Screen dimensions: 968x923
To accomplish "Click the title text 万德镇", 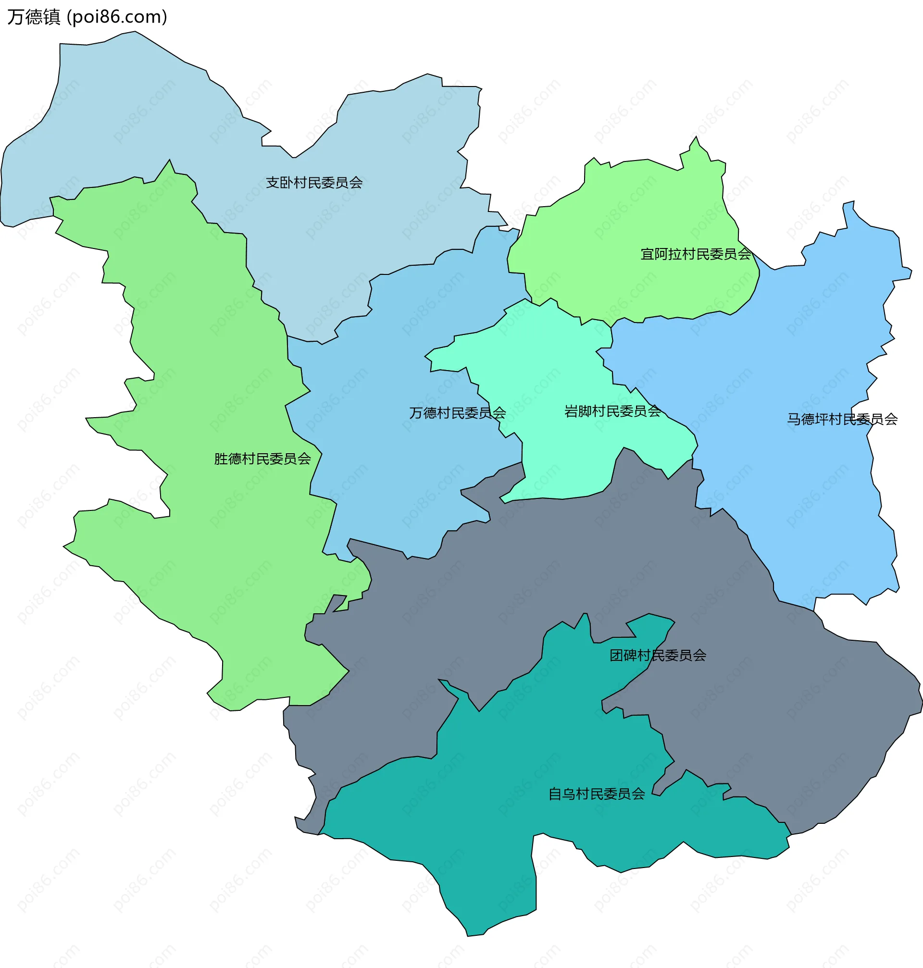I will pos(34,17).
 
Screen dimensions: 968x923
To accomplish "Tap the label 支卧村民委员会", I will pos(314,183).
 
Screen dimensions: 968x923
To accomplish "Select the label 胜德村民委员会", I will pos(262,459).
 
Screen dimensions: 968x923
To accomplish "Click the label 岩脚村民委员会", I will pos(612,411).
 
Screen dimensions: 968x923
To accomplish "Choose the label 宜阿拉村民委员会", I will pos(695,254).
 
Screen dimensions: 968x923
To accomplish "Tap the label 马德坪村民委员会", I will pos(842,419).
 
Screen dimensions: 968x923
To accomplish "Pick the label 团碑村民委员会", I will pos(658,655).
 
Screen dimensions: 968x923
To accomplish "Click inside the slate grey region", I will pos(762,689).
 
